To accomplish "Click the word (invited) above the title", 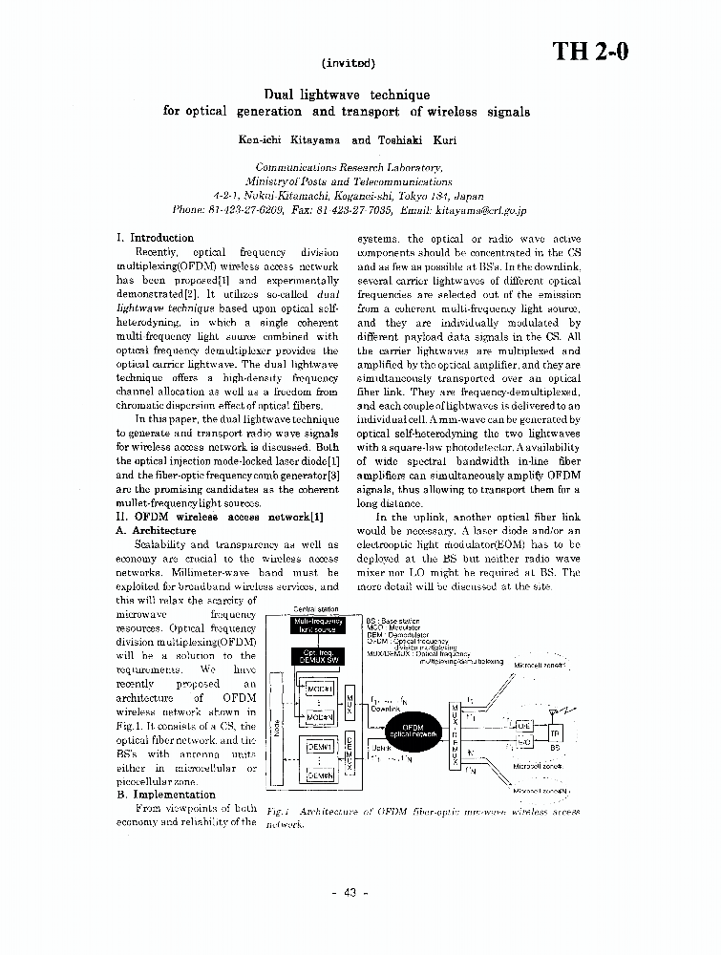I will [x=349, y=63].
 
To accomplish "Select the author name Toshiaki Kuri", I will [x=418, y=139].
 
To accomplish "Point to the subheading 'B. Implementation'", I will [x=164, y=794].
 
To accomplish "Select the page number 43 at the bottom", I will [x=349, y=893].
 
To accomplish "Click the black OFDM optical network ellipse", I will [x=413, y=731].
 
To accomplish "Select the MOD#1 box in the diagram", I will [x=316, y=688].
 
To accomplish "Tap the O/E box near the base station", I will [x=523, y=726].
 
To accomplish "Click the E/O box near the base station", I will [x=523, y=742].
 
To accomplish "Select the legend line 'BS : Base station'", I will [x=395, y=621].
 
